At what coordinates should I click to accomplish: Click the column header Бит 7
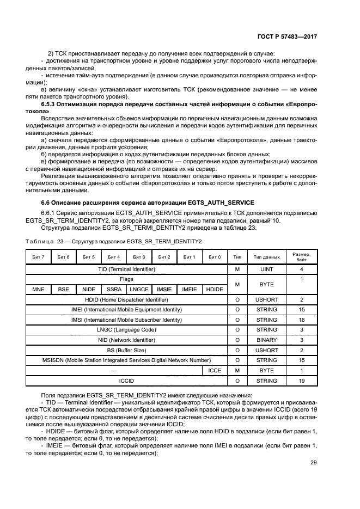tap(39, 256)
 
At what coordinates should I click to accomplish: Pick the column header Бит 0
tap(215, 256)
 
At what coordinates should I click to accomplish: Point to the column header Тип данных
tap(266, 256)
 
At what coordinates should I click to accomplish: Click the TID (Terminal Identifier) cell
tap(126, 269)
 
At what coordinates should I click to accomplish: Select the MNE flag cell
tap(39, 289)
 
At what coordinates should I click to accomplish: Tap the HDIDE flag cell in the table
tap(215, 289)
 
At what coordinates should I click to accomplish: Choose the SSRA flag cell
tap(114, 289)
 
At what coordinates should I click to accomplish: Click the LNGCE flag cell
tap(139, 289)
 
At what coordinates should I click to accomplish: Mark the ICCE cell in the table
tap(215, 370)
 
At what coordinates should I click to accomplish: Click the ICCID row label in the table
tap(126, 381)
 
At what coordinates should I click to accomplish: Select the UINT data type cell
tap(266, 269)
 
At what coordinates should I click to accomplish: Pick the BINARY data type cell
tap(266, 340)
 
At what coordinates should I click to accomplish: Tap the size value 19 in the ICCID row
tap(301, 381)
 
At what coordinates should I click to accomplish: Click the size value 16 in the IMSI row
tap(301, 320)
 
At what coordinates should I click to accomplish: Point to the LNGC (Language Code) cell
tap(126, 330)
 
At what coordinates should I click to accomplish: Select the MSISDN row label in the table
tap(126, 360)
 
